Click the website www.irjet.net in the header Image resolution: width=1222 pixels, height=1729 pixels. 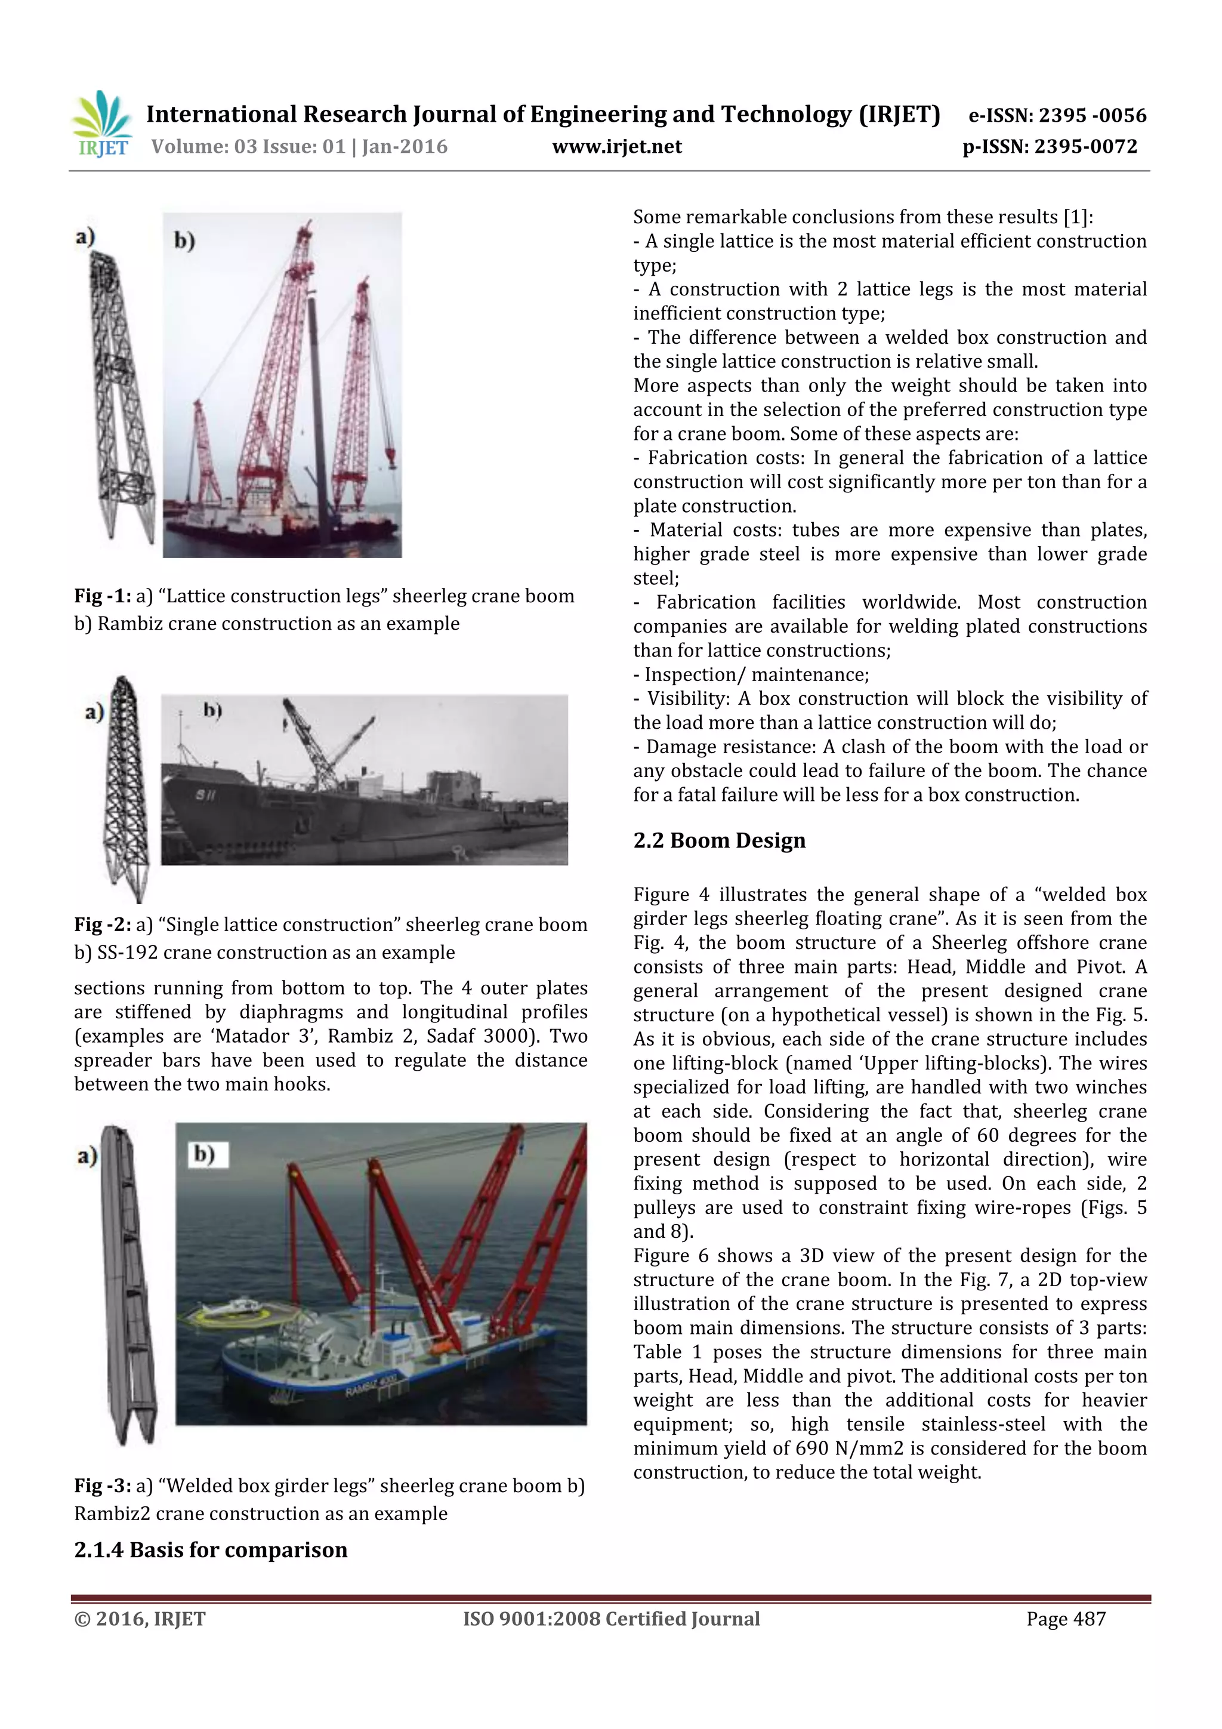(x=616, y=147)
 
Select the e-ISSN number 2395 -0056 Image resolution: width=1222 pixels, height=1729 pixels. (x=1092, y=115)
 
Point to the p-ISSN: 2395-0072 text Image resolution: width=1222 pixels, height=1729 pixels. (x=1050, y=147)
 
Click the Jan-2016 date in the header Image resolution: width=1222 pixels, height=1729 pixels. (x=405, y=147)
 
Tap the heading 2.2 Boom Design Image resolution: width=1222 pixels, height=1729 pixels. (x=718, y=840)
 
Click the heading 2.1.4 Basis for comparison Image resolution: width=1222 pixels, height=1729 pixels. (x=211, y=1550)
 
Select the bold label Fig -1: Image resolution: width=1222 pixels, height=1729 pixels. (x=103, y=596)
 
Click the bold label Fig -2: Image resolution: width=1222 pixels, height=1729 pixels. (x=103, y=924)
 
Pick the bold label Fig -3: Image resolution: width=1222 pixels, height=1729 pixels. (x=103, y=1485)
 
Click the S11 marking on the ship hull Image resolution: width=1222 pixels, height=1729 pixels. (x=205, y=795)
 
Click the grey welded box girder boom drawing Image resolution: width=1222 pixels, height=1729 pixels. (x=128, y=1280)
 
